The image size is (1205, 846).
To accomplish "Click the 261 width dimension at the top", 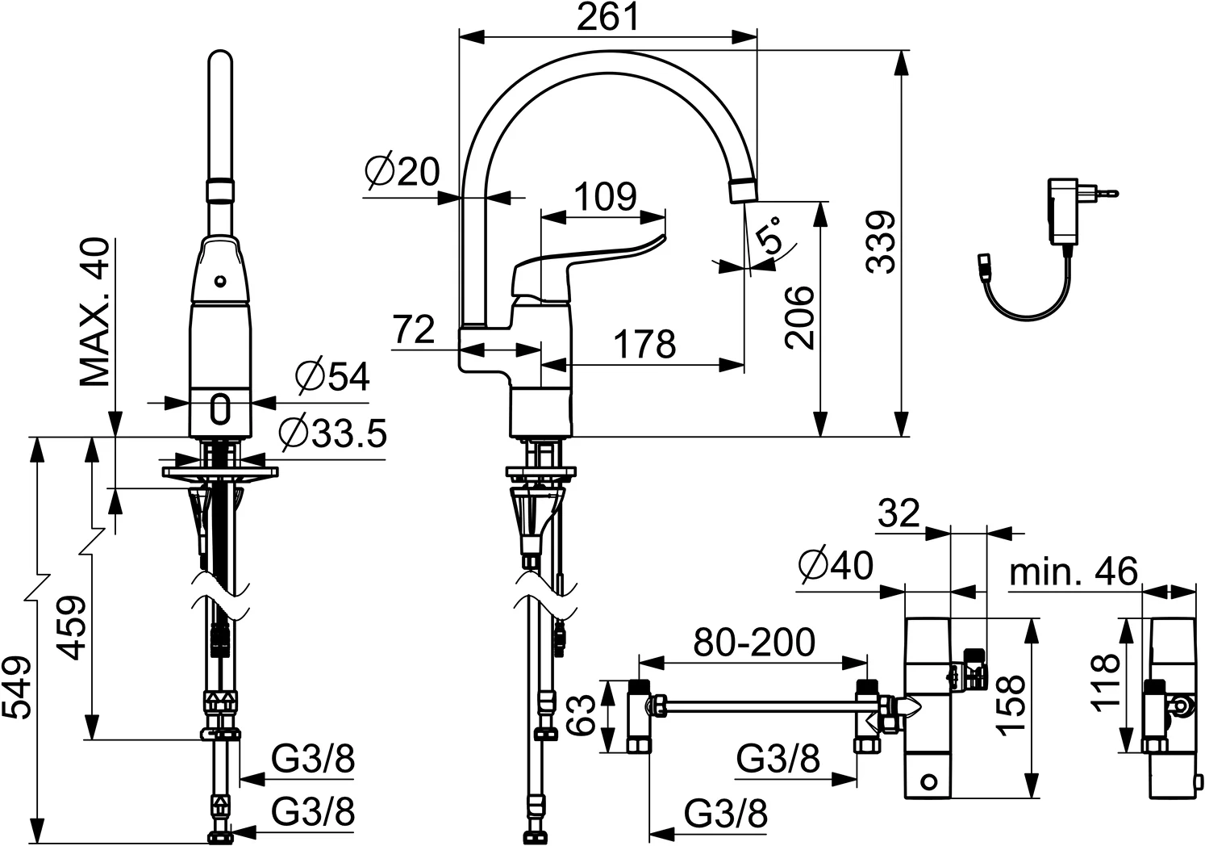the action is [x=607, y=17].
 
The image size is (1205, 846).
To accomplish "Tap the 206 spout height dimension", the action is [x=799, y=318].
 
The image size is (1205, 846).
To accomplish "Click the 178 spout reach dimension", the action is [x=644, y=344].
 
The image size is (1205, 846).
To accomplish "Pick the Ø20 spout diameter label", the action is [x=402, y=172].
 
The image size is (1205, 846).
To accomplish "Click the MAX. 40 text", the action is [x=94, y=312].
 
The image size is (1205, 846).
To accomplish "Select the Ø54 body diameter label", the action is [x=333, y=376].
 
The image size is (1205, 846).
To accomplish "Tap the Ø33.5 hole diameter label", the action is [x=333, y=433].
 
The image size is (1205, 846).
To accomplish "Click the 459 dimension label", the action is [x=72, y=627].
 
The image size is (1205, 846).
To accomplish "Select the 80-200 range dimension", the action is [x=754, y=642].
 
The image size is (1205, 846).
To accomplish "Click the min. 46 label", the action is [x=1074, y=571].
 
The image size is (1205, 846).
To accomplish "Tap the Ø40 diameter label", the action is [x=836, y=565].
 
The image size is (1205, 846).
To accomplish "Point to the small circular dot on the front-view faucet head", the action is [x=220, y=281].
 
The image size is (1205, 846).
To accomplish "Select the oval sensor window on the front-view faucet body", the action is [x=220, y=408].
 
